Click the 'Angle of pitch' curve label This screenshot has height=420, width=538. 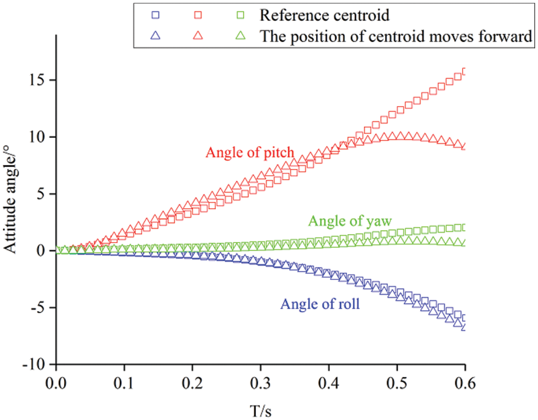click(x=250, y=152)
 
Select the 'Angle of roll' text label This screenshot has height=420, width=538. click(x=321, y=304)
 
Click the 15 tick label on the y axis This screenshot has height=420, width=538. click(x=38, y=80)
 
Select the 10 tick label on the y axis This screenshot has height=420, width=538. click(x=38, y=137)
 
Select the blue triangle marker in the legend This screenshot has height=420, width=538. click(x=157, y=36)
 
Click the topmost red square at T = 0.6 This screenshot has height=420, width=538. click(x=465, y=72)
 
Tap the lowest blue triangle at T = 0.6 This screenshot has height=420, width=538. click(x=465, y=326)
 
